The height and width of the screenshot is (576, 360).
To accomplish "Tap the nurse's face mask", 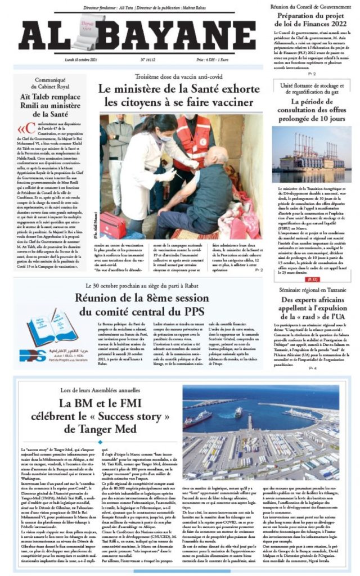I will tap(150, 137).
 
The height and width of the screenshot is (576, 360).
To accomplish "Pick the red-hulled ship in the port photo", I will tap(199, 418).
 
